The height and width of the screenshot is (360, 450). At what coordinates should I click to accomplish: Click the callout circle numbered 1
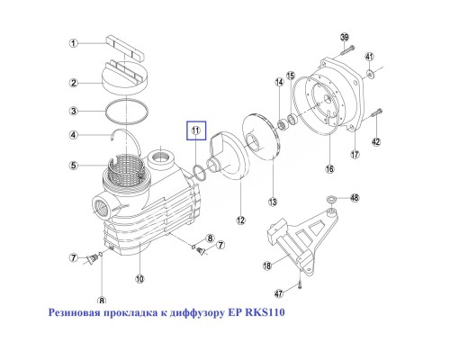pyautogui.click(x=76, y=42)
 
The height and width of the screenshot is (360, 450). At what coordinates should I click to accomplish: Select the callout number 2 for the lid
pyautogui.click(x=76, y=83)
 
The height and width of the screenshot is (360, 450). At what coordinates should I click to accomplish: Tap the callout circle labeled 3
pyautogui.click(x=76, y=111)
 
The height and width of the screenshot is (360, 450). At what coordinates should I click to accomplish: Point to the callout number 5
pyautogui.click(x=76, y=165)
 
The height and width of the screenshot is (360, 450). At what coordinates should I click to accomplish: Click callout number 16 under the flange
pyautogui.click(x=329, y=168)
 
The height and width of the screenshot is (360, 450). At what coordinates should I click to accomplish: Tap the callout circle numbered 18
pyautogui.click(x=266, y=265)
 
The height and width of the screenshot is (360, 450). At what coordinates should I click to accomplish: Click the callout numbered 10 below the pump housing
pyautogui.click(x=139, y=278)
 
